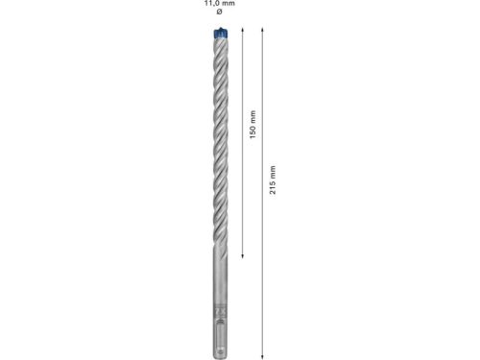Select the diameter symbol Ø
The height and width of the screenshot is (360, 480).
tap(218, 13)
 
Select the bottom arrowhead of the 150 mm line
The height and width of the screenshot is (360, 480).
tap(242, 256)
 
